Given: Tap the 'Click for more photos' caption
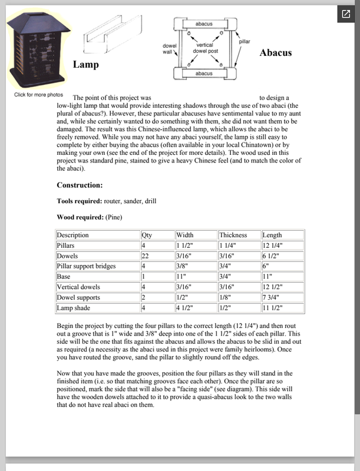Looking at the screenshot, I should click(38, 95).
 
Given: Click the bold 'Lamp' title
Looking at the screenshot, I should click(85, 64).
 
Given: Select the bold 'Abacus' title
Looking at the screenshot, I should click(276, 52).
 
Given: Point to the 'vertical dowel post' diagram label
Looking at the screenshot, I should click(204, 48).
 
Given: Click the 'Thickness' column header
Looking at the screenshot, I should click(233, 235).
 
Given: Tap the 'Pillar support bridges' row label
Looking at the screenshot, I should click(86, 266).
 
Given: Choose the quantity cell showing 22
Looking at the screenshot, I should click(146, 256).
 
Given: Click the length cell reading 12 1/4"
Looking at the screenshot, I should click(274, 246).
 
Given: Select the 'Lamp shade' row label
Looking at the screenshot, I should click(74, 308).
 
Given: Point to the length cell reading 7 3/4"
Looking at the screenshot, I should click(272, 297).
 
